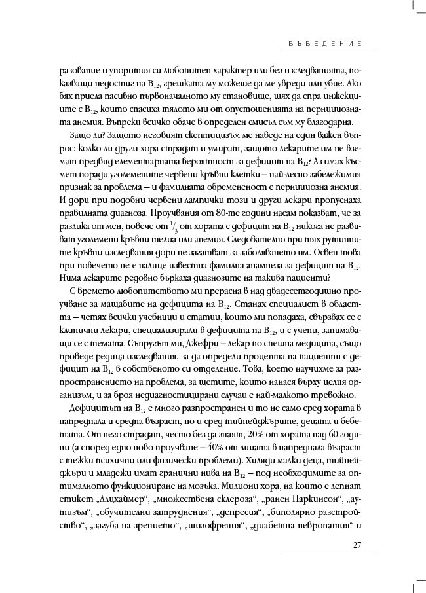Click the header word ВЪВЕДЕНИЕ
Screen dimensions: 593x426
[x=326, y=43]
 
